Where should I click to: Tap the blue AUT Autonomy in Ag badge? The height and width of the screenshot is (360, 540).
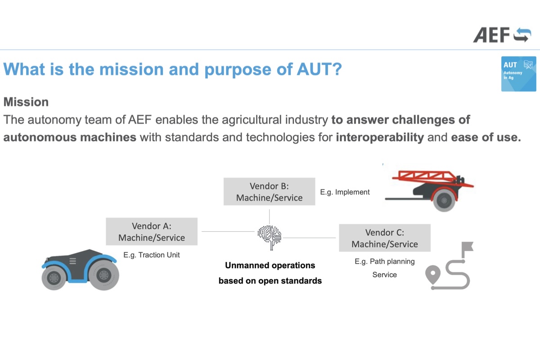(518, 74)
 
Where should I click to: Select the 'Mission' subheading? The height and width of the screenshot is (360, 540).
(26, 102)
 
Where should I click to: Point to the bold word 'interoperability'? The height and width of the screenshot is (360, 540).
(380, 137)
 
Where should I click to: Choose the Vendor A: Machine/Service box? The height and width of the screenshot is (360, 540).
(151, 231)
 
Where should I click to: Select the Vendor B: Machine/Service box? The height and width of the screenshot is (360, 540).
(269, 192)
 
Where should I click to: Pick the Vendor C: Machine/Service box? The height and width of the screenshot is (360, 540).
(384, 238)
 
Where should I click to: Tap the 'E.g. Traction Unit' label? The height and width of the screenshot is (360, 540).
(152, 255)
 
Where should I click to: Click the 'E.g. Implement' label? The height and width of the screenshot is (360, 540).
(345, 192)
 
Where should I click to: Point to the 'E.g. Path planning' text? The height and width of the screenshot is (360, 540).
(384, 261)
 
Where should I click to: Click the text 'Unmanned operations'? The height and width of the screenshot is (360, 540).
(270, 265)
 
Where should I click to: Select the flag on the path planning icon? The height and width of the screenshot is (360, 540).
(467, 247)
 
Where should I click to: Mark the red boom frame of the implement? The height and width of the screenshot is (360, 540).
(423, 176)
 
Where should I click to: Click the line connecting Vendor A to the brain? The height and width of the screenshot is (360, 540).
(227, 231)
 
